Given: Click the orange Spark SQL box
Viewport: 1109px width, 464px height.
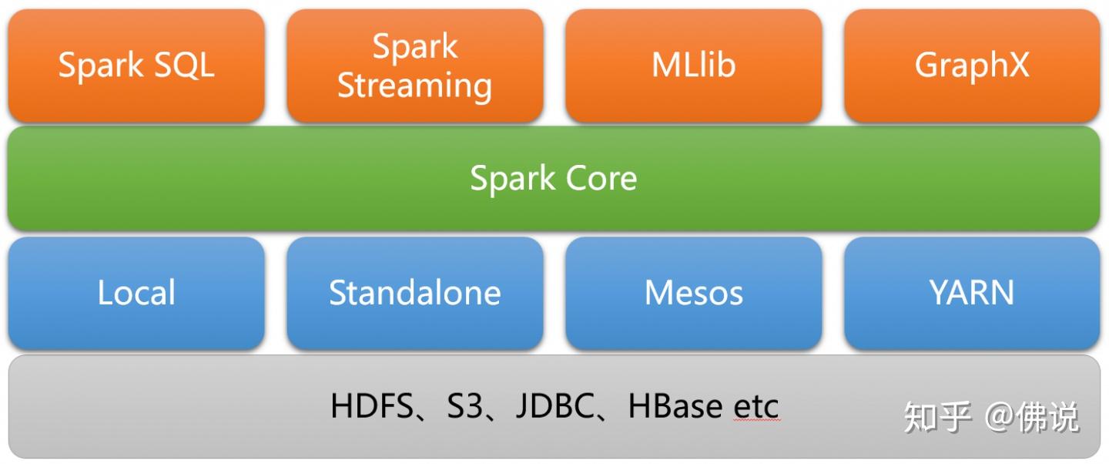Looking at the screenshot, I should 136,66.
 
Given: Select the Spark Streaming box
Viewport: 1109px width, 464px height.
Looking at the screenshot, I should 415,66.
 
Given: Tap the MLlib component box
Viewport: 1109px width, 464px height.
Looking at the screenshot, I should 694,66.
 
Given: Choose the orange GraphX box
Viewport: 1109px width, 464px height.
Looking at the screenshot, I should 972,66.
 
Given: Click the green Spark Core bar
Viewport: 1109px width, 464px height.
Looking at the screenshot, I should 554,179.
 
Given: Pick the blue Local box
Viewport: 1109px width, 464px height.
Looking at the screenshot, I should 136,293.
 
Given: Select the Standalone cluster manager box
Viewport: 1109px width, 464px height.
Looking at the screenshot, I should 415,293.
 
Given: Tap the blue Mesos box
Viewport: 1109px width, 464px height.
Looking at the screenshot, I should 694,293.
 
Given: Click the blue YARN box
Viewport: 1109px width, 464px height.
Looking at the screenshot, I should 972,293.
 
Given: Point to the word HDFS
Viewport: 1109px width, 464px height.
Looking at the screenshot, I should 372,406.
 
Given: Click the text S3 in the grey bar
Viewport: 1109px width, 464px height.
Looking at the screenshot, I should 464,406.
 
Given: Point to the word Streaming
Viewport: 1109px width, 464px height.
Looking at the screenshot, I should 415,86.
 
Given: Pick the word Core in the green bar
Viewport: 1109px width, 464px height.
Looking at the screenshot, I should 601,179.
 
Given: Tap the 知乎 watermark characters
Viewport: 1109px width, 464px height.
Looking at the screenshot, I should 936,417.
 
